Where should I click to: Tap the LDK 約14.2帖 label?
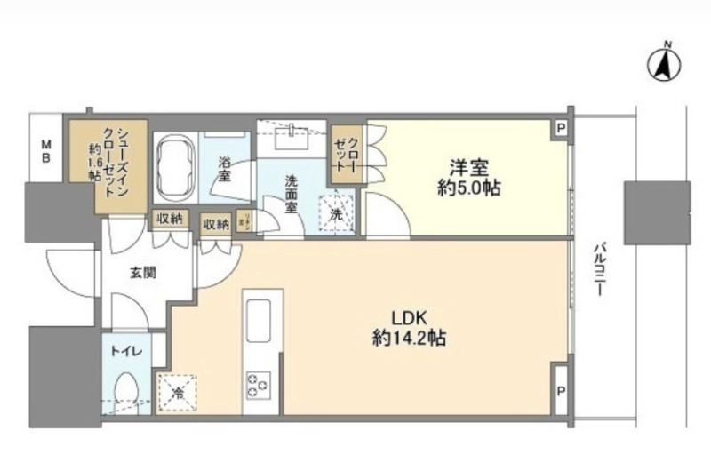point(408,328)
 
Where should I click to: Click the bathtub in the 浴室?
point(176,166)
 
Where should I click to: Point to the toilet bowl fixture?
point(127,391)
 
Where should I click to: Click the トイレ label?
point(124,352)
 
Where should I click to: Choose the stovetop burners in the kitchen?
point(260,385)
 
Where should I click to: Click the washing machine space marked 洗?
point(335,213)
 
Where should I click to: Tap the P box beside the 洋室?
point(560,129)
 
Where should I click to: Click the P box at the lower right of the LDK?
point(560,390)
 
